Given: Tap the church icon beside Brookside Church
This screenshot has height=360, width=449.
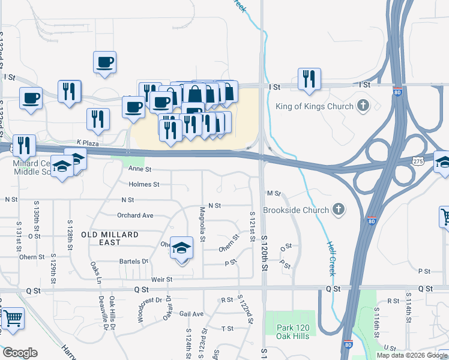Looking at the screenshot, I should [x=339, y=210].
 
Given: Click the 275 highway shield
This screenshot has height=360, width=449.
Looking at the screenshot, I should [x=419, y=161].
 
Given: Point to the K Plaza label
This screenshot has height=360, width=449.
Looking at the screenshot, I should [x=87, y=142].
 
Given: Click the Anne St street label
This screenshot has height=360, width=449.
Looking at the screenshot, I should [x=140, y=170].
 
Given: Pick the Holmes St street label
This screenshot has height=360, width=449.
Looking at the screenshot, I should [x=143, y=184].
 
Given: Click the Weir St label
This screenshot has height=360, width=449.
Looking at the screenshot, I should [x=162, y=279].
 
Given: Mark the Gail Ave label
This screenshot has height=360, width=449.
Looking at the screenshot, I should [x=191, y=314].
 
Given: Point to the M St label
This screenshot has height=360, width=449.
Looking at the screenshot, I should [x=274, y=193].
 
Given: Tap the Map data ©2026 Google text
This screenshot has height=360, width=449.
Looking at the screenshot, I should [x=412, y=355].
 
